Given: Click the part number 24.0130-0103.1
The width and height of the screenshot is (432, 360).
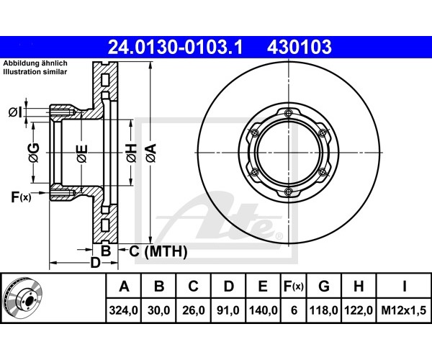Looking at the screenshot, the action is point(175,47).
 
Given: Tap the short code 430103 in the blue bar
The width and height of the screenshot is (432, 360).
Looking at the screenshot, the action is point(300,47).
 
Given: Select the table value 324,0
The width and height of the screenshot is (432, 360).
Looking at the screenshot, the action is point(123,310).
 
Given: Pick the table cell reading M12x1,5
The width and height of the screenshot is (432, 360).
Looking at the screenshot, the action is point(404,310).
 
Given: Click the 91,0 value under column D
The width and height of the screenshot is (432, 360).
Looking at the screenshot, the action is point(228,310).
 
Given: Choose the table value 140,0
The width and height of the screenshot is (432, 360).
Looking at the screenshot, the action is point(263,310).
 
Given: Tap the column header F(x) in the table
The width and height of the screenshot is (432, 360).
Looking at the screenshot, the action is point(294,287).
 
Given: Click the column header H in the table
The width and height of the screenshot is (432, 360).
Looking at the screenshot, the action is point(359,287).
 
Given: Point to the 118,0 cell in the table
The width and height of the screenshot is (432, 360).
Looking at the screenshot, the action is point(324,310).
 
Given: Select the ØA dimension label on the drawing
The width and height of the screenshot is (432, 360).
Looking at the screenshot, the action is point(151,153).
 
